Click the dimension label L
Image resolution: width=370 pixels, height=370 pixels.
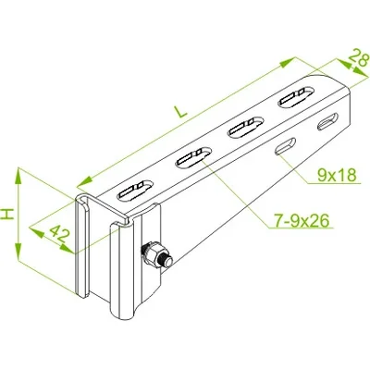(x=180, y=112)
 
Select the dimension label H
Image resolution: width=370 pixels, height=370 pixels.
(x=7, y=214)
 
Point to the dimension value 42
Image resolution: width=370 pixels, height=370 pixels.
(x=58, y=234)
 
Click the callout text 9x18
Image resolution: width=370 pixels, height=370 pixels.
(x=337, y=175)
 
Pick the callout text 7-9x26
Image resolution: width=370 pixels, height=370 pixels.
(x=302, y=220)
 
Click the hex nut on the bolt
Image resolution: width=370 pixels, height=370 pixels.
(x=152, y=255)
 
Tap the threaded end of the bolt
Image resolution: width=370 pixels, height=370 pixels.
(x=166, y=262)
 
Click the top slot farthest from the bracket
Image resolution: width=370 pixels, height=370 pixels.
(x=296, y=97)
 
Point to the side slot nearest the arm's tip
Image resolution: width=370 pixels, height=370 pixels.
(x=327, y=121)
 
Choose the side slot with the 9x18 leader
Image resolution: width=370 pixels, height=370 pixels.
(x=286, y=146)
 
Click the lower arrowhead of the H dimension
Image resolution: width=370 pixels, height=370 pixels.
(x=18, y=252)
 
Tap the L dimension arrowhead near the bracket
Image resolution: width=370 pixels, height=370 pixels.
(x=84, y=181)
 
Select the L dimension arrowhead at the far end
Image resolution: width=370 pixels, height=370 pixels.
(x=288, y=62)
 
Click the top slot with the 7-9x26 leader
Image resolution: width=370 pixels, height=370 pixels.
(x=193, y=158)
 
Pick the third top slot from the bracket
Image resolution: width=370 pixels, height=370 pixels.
(x=246, y=127)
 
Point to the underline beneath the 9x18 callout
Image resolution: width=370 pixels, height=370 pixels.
(x=334, y=184)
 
